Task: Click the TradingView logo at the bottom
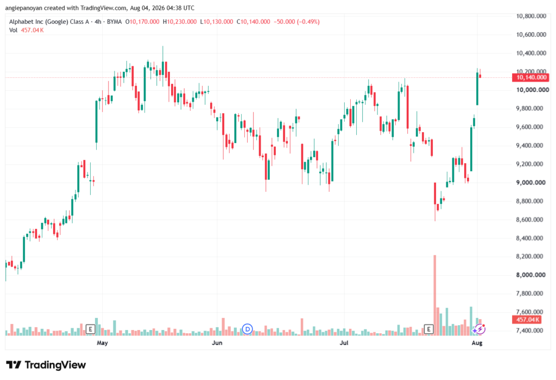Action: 46,365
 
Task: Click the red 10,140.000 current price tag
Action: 530,77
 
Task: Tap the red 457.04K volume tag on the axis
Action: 527,320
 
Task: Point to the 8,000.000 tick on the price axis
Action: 530,275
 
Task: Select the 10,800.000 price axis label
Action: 531,16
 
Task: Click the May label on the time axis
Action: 102,342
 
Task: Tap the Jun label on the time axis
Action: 217,342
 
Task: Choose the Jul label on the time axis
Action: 344,342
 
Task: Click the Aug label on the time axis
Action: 477,342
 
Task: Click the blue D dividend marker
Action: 247,329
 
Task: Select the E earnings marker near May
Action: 91,329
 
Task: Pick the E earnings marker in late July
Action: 429,329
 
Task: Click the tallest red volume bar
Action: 435,295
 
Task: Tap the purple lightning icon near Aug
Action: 479,329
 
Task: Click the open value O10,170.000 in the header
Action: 142,22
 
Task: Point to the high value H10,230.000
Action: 180,22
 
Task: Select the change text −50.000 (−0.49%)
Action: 296,22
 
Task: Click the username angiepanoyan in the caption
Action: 23,8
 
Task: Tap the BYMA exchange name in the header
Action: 114,22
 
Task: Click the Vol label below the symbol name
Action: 13,30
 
